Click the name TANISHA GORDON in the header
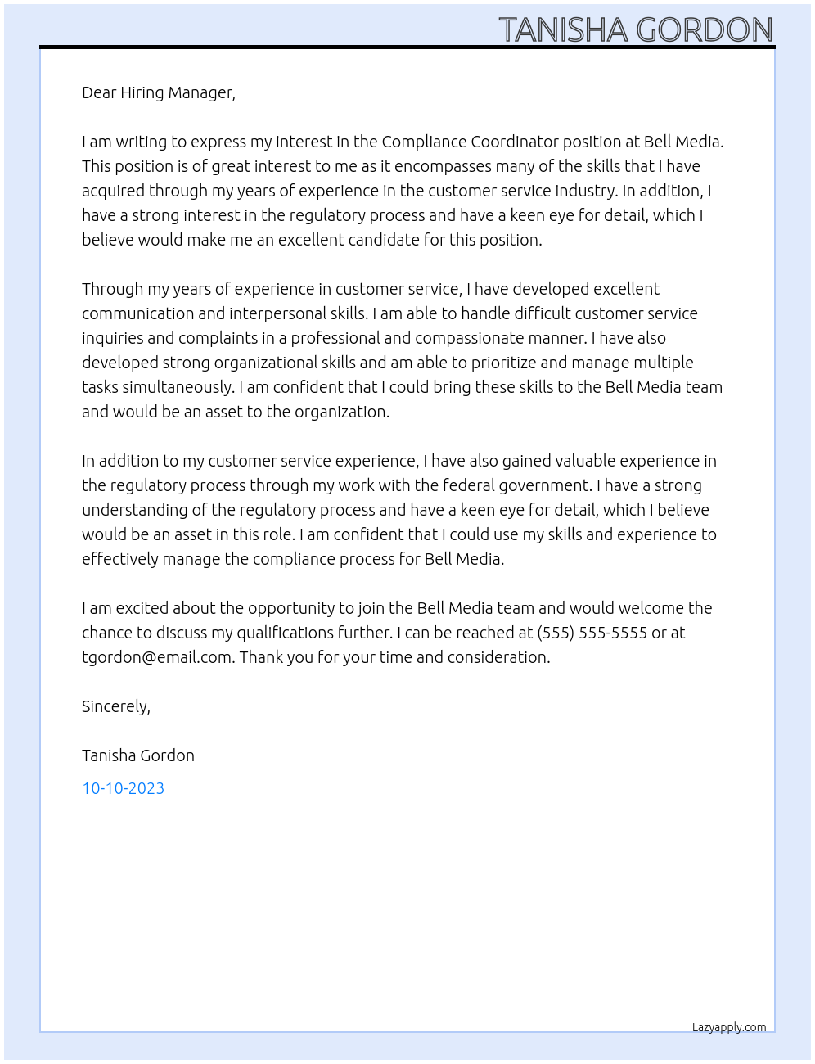[636, 30]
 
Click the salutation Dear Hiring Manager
[158, 92]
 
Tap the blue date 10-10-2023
[123, 788]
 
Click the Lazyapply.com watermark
[728, 1027]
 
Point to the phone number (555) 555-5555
[592, 633]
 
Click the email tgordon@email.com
[156, 657]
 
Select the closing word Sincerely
[115, 706]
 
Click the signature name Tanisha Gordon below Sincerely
[138, 755]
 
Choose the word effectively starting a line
[120, 559]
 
